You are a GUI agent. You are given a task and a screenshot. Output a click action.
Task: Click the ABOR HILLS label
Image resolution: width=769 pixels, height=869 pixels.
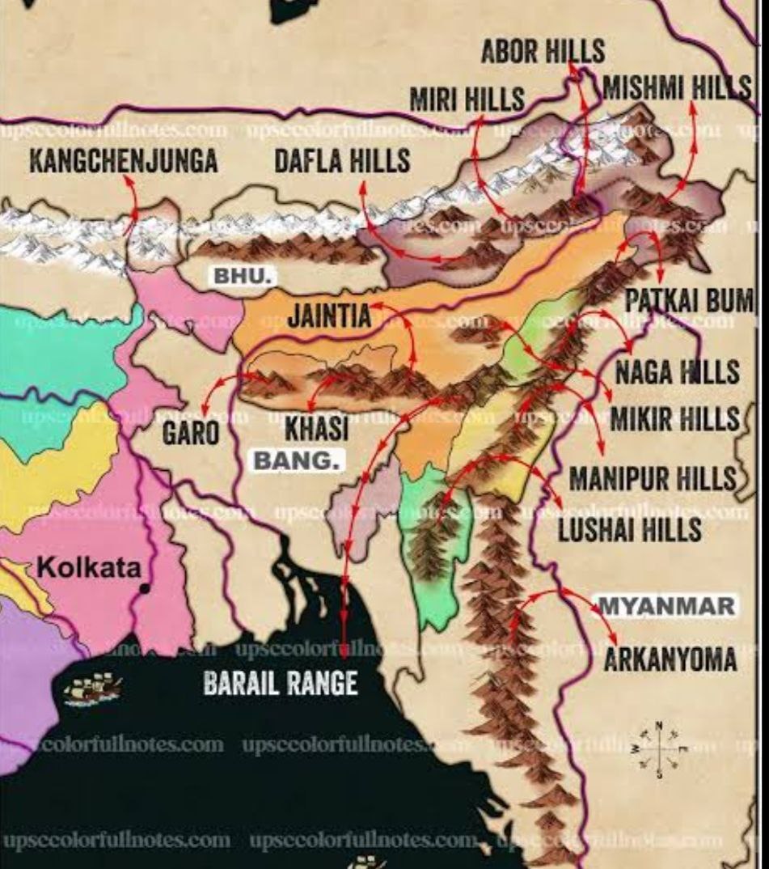pyautogui.click(x=542, y=52)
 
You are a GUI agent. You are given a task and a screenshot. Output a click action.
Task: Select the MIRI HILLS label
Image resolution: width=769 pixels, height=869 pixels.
pyautogui.click(x=467, y=100)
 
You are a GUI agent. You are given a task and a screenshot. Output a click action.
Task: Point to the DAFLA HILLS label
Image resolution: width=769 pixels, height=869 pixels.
pyautogui.click(x=342, y=161)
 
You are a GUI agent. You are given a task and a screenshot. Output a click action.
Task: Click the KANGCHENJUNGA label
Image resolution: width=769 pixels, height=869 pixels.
pyautogui.click(x=124, y=161)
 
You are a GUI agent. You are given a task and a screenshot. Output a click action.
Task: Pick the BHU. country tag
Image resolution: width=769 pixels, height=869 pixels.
pyautogui.click(x=240, y=277)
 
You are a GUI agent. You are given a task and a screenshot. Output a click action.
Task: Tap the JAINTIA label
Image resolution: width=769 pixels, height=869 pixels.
pyautogui.click(x=329, y=316)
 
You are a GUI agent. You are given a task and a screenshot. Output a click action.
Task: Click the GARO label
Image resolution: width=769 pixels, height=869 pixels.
pyautogui.click(x=190, y=432)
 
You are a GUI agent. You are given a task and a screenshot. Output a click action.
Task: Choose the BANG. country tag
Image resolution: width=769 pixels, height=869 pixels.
pyautogui.click(x=298, y=460)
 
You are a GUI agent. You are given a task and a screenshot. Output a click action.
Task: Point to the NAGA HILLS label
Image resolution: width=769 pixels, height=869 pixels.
pyautogui.click(x=677, y=372)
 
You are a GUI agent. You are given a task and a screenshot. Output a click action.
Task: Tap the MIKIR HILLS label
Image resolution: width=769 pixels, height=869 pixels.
pyautogui.click(x=674, y=419)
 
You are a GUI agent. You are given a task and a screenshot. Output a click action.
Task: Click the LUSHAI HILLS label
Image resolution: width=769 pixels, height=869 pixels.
pyautogui.click(x=630, y=531)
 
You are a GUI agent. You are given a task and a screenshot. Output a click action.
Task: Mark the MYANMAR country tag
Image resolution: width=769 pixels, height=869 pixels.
pyautogui.click(x=666, y=605)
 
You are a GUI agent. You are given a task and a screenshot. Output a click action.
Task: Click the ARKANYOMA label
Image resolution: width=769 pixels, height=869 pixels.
pyautogui.click(x=670, y=659)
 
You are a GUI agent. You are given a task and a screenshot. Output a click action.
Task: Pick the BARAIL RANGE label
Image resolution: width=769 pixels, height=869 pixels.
pyautogui.click(x=280, y=685)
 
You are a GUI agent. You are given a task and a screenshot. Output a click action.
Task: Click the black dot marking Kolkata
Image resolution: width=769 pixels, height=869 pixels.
pyautogui.click(x=145, y=588)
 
